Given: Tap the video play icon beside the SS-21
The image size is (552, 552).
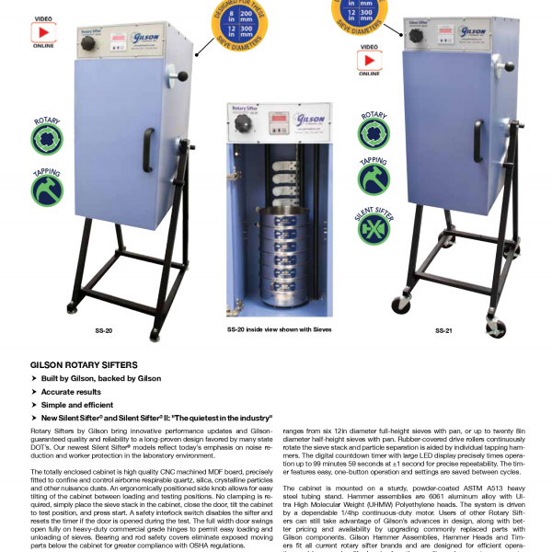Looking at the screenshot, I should click(x=368, y=54).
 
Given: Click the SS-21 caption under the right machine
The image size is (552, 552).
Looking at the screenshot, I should click(x=443, y=329).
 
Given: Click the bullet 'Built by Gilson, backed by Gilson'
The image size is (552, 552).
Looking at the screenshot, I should click(x=96, y=378).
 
